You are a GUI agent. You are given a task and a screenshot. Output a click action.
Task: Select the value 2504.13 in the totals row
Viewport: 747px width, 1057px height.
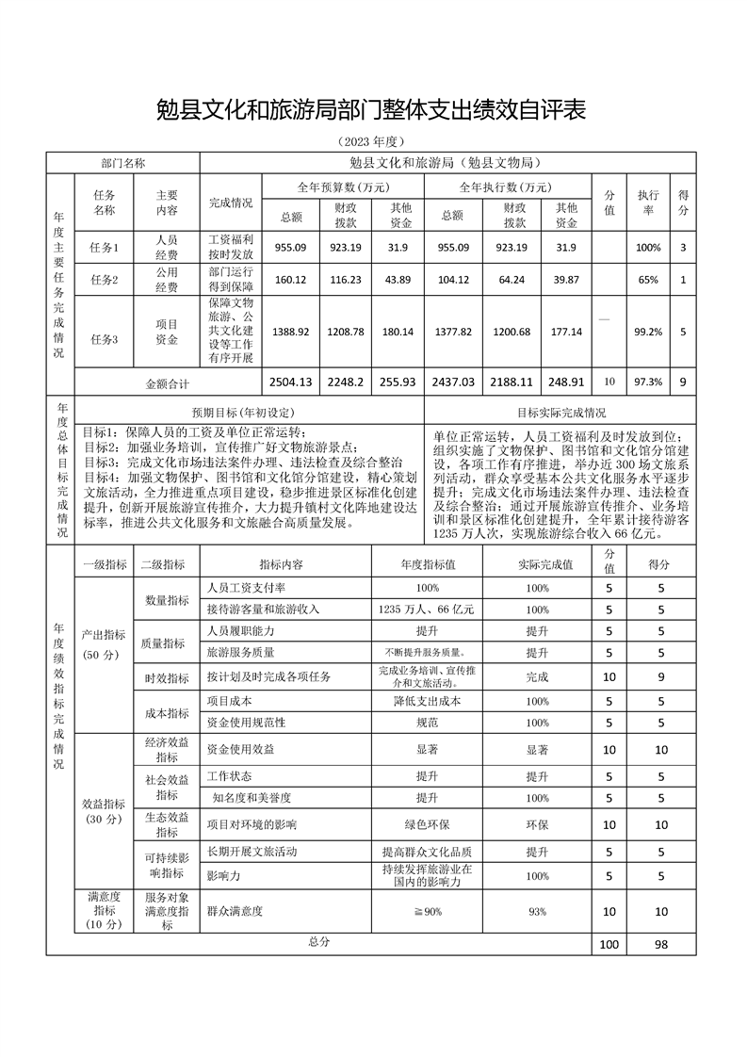click(289, 382)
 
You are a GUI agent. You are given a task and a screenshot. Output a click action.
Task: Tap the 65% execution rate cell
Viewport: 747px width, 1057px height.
click(647, 280)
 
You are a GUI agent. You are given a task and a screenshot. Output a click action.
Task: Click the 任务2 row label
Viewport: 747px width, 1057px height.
click(104, 280)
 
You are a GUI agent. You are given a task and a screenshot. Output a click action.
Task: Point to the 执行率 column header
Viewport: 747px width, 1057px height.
click(647, 202)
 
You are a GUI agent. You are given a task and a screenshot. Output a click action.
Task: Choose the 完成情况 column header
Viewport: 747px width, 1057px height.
click(230, 202)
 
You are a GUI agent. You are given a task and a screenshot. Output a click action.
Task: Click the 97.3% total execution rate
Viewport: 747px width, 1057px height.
click(647, 382)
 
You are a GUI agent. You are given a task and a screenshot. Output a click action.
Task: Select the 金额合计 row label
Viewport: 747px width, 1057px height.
click(168, 383)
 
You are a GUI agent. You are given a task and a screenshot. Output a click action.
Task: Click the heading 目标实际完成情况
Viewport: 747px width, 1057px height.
click(561, 413)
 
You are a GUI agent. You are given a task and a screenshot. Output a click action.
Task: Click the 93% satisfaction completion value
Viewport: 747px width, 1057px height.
click(537, 911)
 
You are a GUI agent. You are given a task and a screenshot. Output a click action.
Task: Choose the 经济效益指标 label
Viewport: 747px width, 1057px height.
click(167, 749)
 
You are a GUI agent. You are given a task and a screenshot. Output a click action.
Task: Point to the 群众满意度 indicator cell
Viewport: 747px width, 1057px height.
click(235, 911)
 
